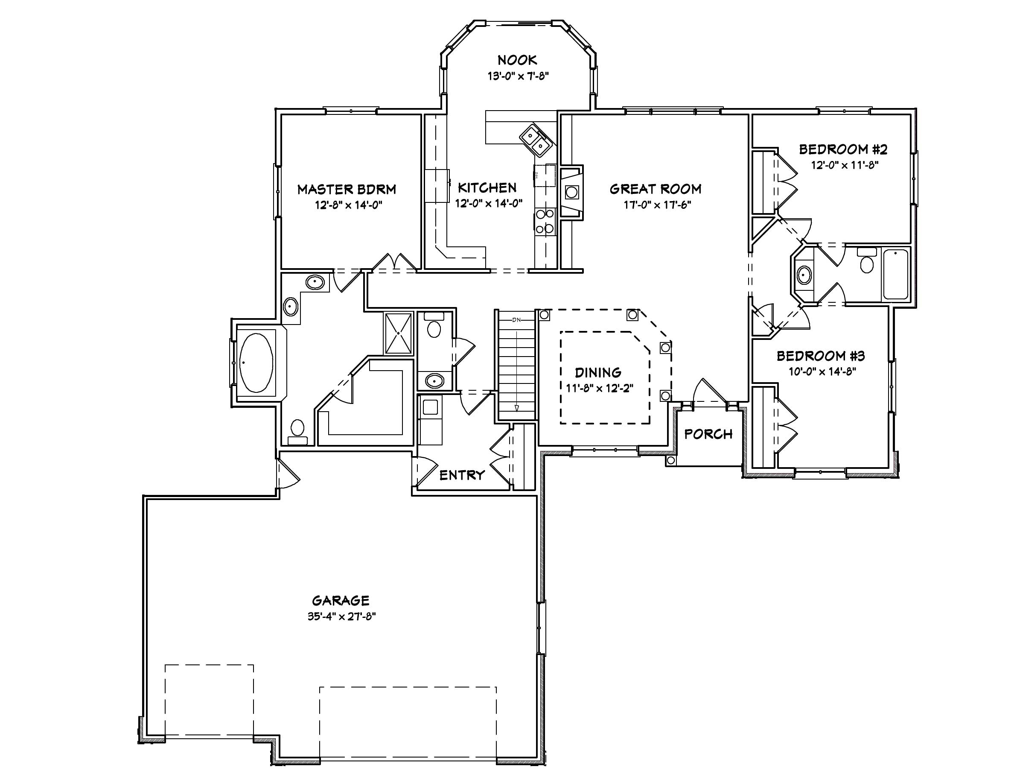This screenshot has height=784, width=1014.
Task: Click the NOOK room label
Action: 517,60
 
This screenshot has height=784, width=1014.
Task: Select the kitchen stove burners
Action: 545,221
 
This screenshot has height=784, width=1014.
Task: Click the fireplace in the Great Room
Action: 571,192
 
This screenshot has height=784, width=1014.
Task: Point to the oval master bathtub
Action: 256,363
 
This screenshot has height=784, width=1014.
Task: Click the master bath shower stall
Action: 398,333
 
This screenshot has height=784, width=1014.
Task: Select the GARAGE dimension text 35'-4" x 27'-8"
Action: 341,616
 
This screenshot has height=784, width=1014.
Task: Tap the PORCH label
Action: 708,434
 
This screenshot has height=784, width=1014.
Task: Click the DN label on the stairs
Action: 517,320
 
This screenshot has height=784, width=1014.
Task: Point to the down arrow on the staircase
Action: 517,407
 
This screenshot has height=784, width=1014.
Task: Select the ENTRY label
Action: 461,475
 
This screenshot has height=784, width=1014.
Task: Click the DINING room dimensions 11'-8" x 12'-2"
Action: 599,388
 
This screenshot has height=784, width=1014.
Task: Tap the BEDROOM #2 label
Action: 843,149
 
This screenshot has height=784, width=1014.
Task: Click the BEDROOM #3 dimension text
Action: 822,372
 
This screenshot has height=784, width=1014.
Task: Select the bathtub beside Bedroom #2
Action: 896,274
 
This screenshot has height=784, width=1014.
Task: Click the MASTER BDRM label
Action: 347,190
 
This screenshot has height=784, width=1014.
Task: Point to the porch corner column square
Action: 670,460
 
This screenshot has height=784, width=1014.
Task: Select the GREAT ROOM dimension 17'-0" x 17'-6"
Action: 657,205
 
